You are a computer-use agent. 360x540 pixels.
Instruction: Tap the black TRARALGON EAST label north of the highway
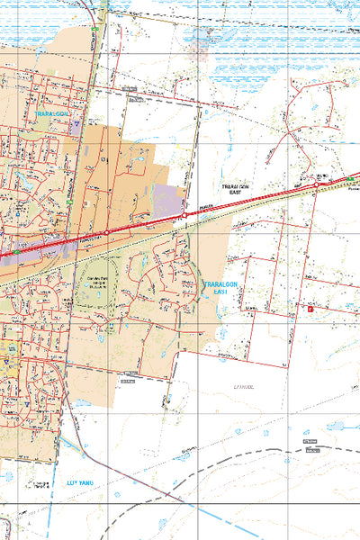click(233, 189)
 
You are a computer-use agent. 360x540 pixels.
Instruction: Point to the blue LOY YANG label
click(80, 482)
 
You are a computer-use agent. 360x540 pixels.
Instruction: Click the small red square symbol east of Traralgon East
click(310, 309)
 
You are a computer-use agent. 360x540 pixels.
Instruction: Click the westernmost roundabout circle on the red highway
click(107, 232)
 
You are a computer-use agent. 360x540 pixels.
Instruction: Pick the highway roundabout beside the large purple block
click(184, 215)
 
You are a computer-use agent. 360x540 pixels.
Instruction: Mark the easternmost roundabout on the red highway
click(316, 185)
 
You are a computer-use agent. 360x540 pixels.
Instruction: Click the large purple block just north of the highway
click(167, 200)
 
